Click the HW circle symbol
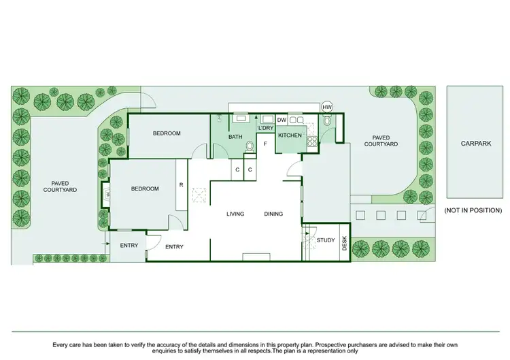[x=327, y=108]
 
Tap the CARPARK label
[x=475, y=144]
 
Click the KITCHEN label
[x=289, y=136]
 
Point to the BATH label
[x=235, y=137]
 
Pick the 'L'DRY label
[x=265, y=127]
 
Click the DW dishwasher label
[x=281, y=120]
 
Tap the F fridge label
[x=265, y=144]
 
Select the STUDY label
[x=326, y=240]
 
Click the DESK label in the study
[x=344, y=243]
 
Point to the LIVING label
[x=235, y=214]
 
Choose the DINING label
[x=273, y=214]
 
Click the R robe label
[x=181, y=184]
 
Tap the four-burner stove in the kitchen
[x=313, y=142]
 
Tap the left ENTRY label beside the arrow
[x=129, y=246]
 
